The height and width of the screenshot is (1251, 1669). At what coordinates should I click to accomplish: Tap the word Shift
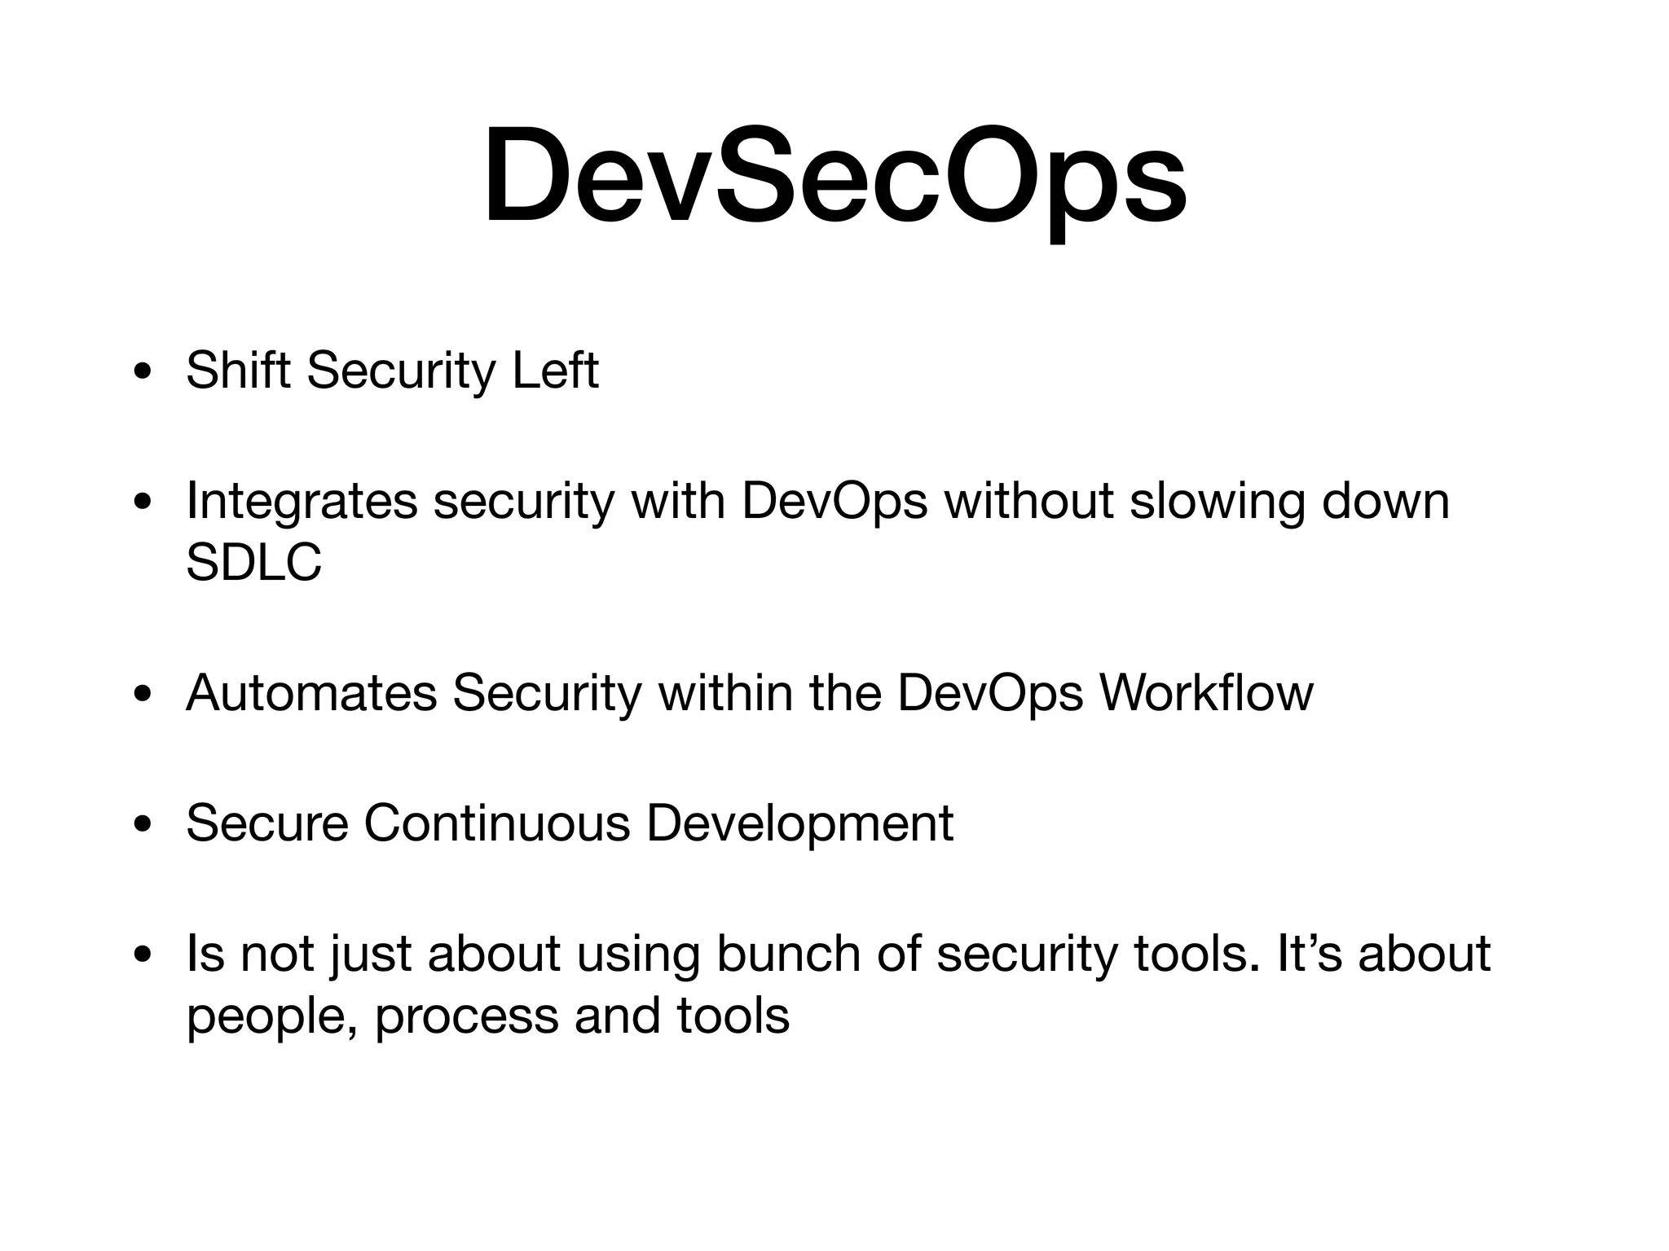point(238,371)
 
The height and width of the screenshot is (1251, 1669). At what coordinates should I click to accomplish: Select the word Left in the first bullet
point(555,371)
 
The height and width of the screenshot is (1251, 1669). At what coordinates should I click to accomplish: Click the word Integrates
point(302,501)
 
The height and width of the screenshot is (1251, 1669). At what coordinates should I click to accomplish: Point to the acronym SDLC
point(253,562)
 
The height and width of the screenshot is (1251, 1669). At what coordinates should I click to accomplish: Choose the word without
point(1028,501)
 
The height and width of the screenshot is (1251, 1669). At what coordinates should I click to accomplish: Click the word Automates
point(311,693)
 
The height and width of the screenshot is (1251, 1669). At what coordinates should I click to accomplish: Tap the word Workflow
point(1206,693)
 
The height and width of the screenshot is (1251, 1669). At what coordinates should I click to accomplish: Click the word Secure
point(267,823)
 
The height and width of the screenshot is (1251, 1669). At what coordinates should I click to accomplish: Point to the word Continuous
point(497,823)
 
